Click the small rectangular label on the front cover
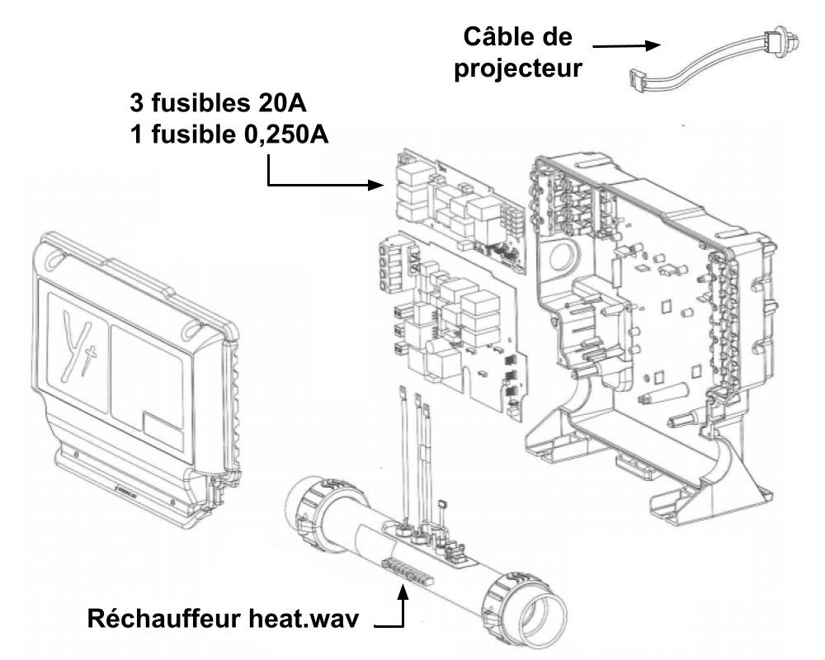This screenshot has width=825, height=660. [x=167, y=427]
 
